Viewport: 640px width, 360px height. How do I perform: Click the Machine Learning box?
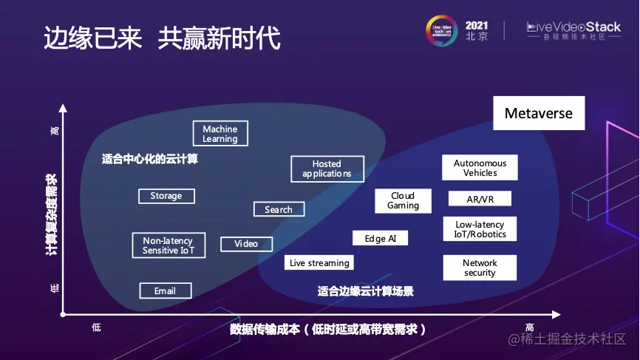(219, 134)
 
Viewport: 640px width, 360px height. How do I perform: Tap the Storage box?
(166, 196)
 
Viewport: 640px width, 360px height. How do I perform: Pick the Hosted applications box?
(327, 169)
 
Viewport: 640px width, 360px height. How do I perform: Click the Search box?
(279, 209)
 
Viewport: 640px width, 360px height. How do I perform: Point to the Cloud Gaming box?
(403, 200)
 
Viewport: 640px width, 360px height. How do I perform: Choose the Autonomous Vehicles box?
(480, 168)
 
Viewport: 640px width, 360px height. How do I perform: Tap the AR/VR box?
(480, 200)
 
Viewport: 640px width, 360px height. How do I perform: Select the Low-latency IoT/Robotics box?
(480, 229)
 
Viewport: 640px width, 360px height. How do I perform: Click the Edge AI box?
(380, 238)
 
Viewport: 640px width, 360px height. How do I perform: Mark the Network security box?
(480, 268)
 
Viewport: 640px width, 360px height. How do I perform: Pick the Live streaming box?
(319, 262)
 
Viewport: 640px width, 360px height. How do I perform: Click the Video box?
(246, 244)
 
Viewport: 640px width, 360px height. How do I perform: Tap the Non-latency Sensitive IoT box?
(168, 245)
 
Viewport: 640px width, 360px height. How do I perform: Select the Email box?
(165, 291)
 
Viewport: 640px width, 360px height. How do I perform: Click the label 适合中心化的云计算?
(150, 159)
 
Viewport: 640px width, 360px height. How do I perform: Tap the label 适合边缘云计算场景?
(365, 291)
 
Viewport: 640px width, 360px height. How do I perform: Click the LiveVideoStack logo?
(573, 30)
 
